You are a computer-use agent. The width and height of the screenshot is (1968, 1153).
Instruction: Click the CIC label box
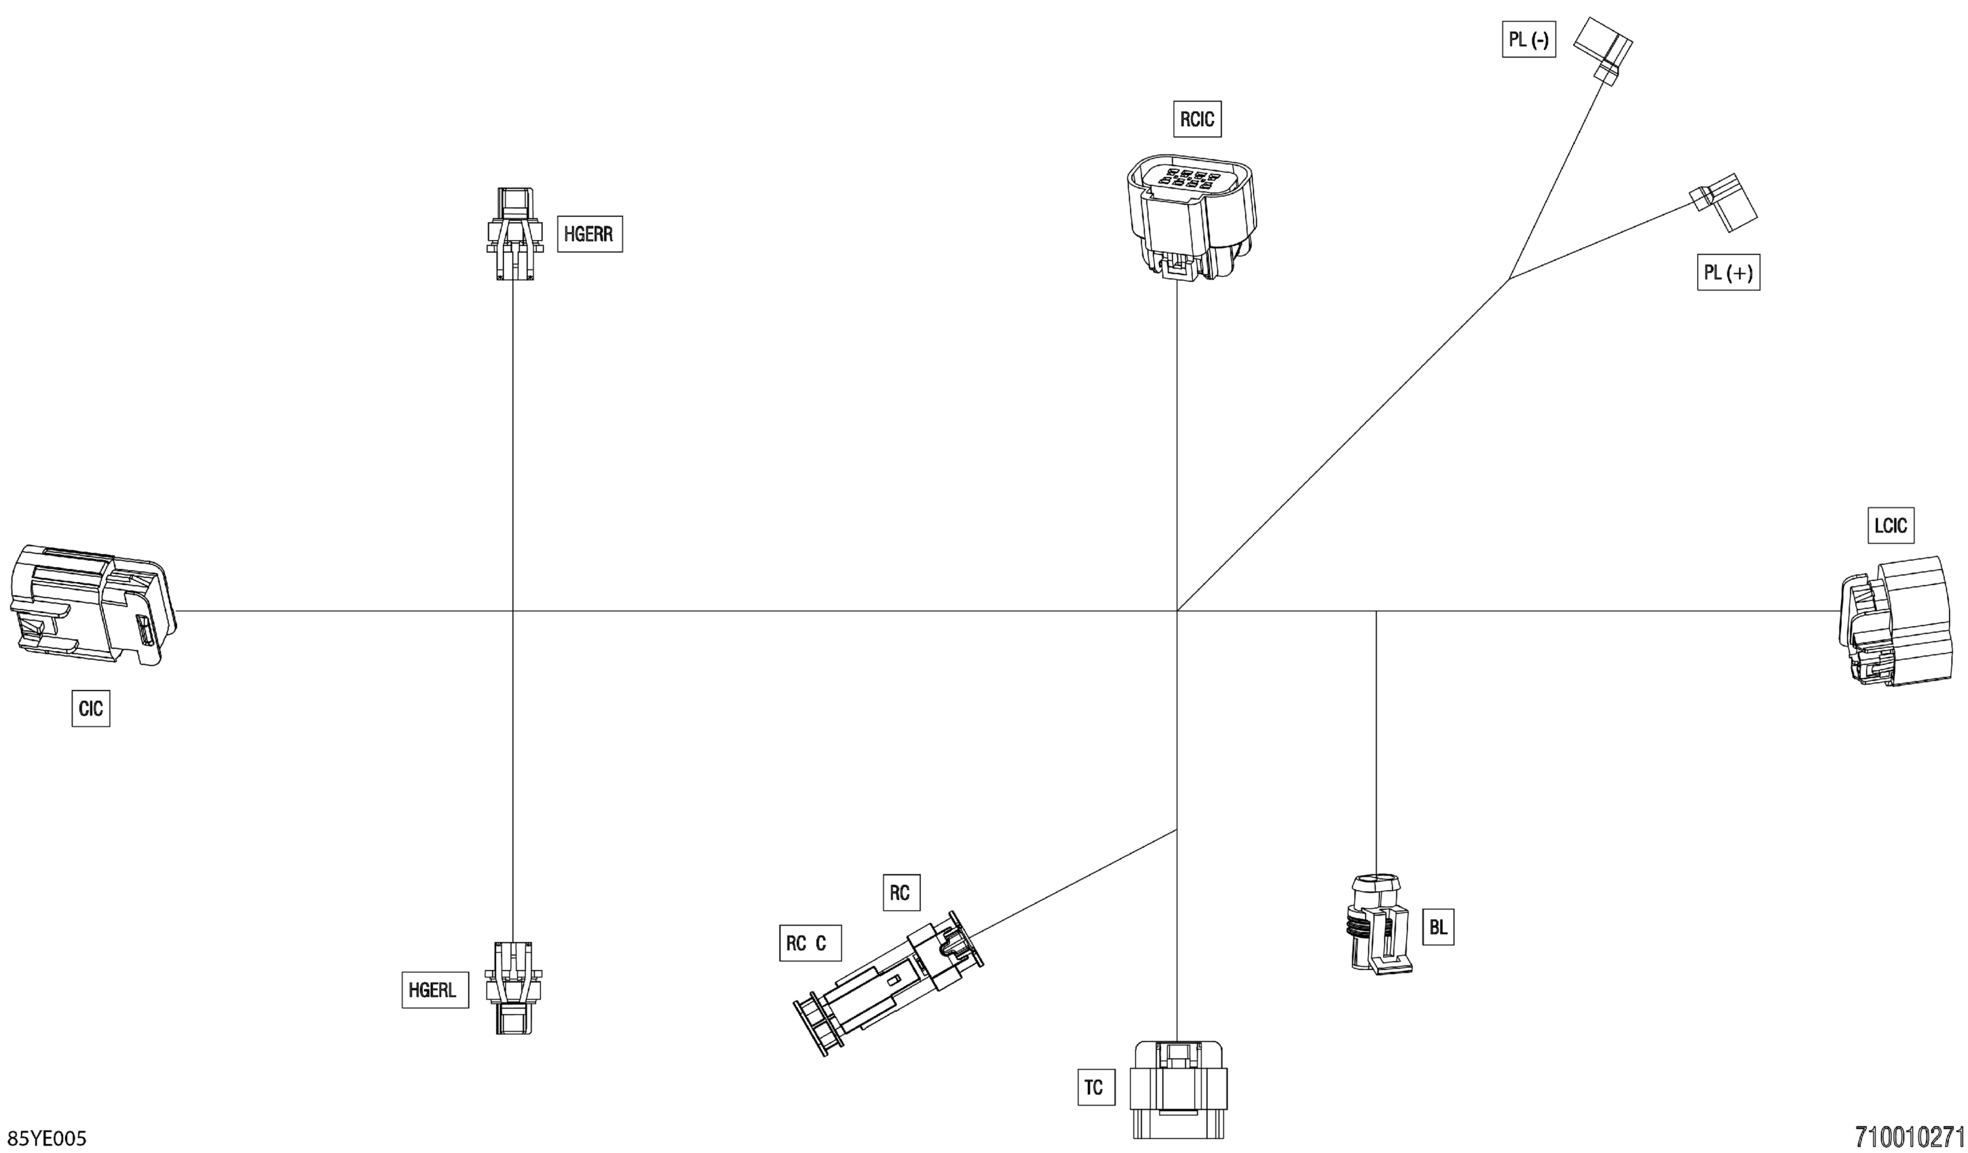(x=90, y=708)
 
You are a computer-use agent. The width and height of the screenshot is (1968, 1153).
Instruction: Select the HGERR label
(x=589, y=233)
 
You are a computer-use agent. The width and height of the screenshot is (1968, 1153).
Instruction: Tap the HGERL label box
(x=434, y=990)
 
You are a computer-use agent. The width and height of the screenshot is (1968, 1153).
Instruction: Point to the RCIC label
(x=1196, y=119)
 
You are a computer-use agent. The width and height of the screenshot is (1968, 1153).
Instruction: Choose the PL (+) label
(x=1728, y=273)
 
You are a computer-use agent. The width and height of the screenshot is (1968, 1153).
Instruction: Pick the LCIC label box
(x=1890, y=526)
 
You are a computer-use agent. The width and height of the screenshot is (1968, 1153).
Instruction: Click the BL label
(x=1438, y=927)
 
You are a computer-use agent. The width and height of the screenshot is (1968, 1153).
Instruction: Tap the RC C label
(x=810, y=943)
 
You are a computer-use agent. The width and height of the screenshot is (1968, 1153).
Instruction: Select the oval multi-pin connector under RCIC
(x=1191, y=216)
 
